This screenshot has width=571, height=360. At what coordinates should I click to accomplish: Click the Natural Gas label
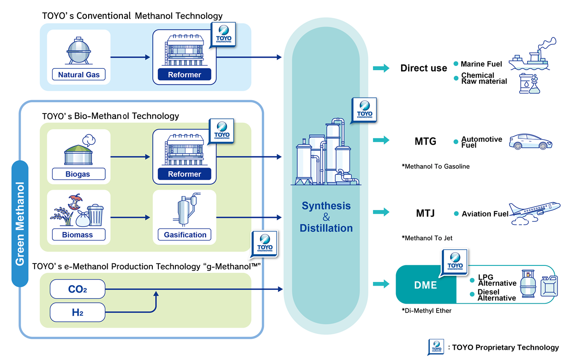[79, 74]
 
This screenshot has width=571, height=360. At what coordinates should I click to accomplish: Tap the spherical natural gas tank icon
[78, 51]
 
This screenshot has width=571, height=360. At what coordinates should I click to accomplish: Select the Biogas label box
[78, 174]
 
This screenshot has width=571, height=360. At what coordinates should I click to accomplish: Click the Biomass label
[78, 234]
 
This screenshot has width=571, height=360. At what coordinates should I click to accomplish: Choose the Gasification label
[185, 234]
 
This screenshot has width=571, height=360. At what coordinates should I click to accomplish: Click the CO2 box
[78, 289]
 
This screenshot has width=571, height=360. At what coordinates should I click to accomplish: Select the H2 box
[78, 312]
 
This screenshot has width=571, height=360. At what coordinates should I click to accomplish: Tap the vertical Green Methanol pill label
[20, 223]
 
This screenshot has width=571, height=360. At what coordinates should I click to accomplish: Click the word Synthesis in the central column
[326, 206]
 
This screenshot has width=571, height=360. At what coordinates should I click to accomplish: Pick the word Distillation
[326, 228]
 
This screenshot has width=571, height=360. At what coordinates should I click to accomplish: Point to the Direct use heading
[423, 68]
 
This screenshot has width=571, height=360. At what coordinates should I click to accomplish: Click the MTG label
[425, 141]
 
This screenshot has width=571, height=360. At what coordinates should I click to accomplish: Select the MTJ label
[425, 213]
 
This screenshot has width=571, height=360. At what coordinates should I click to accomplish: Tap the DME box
[426, 285]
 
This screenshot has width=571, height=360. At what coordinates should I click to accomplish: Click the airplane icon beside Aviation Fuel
[535, 213]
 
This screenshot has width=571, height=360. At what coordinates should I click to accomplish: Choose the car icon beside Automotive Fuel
[530, 141]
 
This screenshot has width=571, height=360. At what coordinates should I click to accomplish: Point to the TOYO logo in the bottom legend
[436, 347]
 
